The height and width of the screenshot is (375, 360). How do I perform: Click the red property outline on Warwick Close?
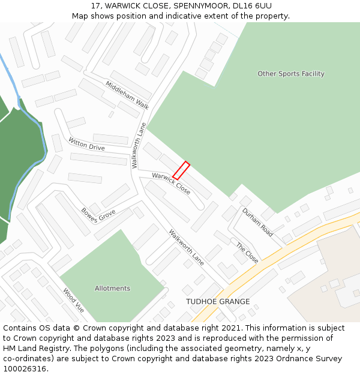click(181, 170)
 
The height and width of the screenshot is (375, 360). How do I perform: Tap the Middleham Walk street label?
click(127, 95)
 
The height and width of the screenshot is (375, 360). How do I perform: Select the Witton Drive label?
click(86, 144)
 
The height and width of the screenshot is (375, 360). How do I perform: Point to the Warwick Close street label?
click(171, 184)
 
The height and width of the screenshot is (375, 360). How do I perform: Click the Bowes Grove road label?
click(98, 215)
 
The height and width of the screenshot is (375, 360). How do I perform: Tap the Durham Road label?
click(257, 222)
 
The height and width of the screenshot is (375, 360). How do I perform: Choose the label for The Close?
click(247, 253)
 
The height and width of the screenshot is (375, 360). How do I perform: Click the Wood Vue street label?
click(74, 301)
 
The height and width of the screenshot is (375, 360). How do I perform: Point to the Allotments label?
click(112, 289)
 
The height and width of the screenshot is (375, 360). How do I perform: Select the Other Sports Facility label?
click(291, 74)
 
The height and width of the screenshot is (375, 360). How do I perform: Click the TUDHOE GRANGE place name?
click(218, 302)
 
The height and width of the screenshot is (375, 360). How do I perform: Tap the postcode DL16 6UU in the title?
click(251, 6)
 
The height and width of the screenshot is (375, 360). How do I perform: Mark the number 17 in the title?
click(96, 6)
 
